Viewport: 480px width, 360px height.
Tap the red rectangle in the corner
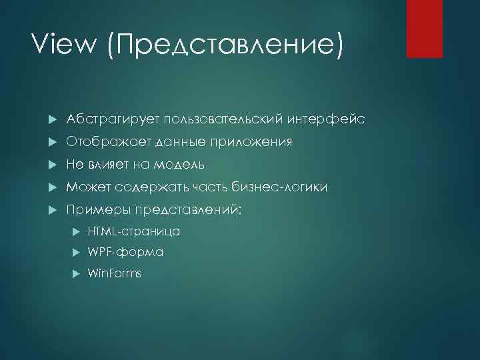[x=425, y=29]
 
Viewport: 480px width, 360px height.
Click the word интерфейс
[x=326, y=119]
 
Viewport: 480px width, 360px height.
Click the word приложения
[x=254, y=143]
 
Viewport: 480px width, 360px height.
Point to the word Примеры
[x=98, y=210]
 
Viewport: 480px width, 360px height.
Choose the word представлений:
[x=190, y=210]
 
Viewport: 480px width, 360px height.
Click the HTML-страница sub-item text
[x=134, y=231]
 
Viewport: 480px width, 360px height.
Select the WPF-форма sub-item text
[x=125, y=253]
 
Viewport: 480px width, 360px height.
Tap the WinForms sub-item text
[x=115, y=273]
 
